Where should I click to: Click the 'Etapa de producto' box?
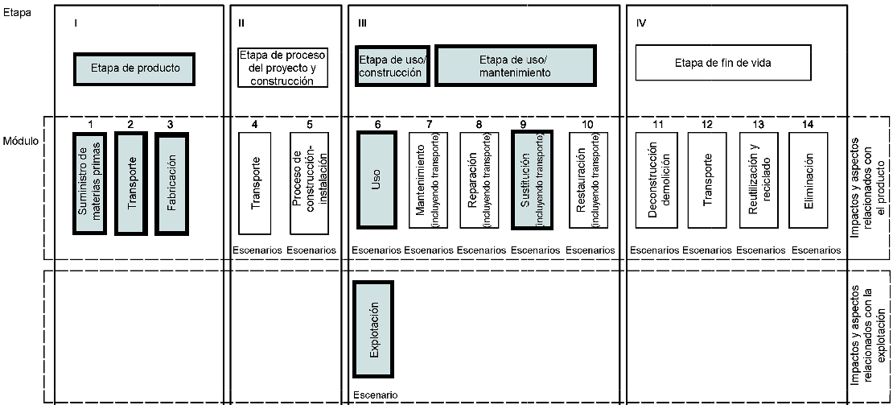pyautogui.click(x=134, y=69)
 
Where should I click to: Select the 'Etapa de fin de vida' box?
pyautogui.click(x=722, y=64)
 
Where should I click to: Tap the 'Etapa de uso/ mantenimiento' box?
pyautogui.click(x=516, y=65)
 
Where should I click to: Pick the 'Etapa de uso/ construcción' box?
pyautogui.click(x=392, y=65)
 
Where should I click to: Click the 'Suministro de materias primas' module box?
pyautogui.click(x=90, y=184)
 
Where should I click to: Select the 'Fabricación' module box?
pyautogui.click(x=171, y=184)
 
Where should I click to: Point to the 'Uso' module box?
pyautogui.click(x=376, y=180)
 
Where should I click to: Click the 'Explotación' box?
pyautogui.click(x=373, y=329)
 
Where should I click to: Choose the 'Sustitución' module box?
pyautogui.click(x=532, y=180)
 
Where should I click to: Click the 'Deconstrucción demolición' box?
pyautogui.click(x=655, y=180)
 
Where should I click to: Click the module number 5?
pyautogui.click(x=309, y=125)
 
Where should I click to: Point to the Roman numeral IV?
pyautogui.click(x=641, y=23)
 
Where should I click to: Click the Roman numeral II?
pyautogui.click(x=241, y=23)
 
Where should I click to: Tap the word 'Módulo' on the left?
pyautogui.click(x=21, y=141)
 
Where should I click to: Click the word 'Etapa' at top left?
pyautogui.click(x=16, y=13)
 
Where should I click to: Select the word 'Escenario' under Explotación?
pyautogui.click(x=376, y=395)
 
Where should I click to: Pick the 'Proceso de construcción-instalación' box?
pyautogui.click(x=309, y=184)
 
